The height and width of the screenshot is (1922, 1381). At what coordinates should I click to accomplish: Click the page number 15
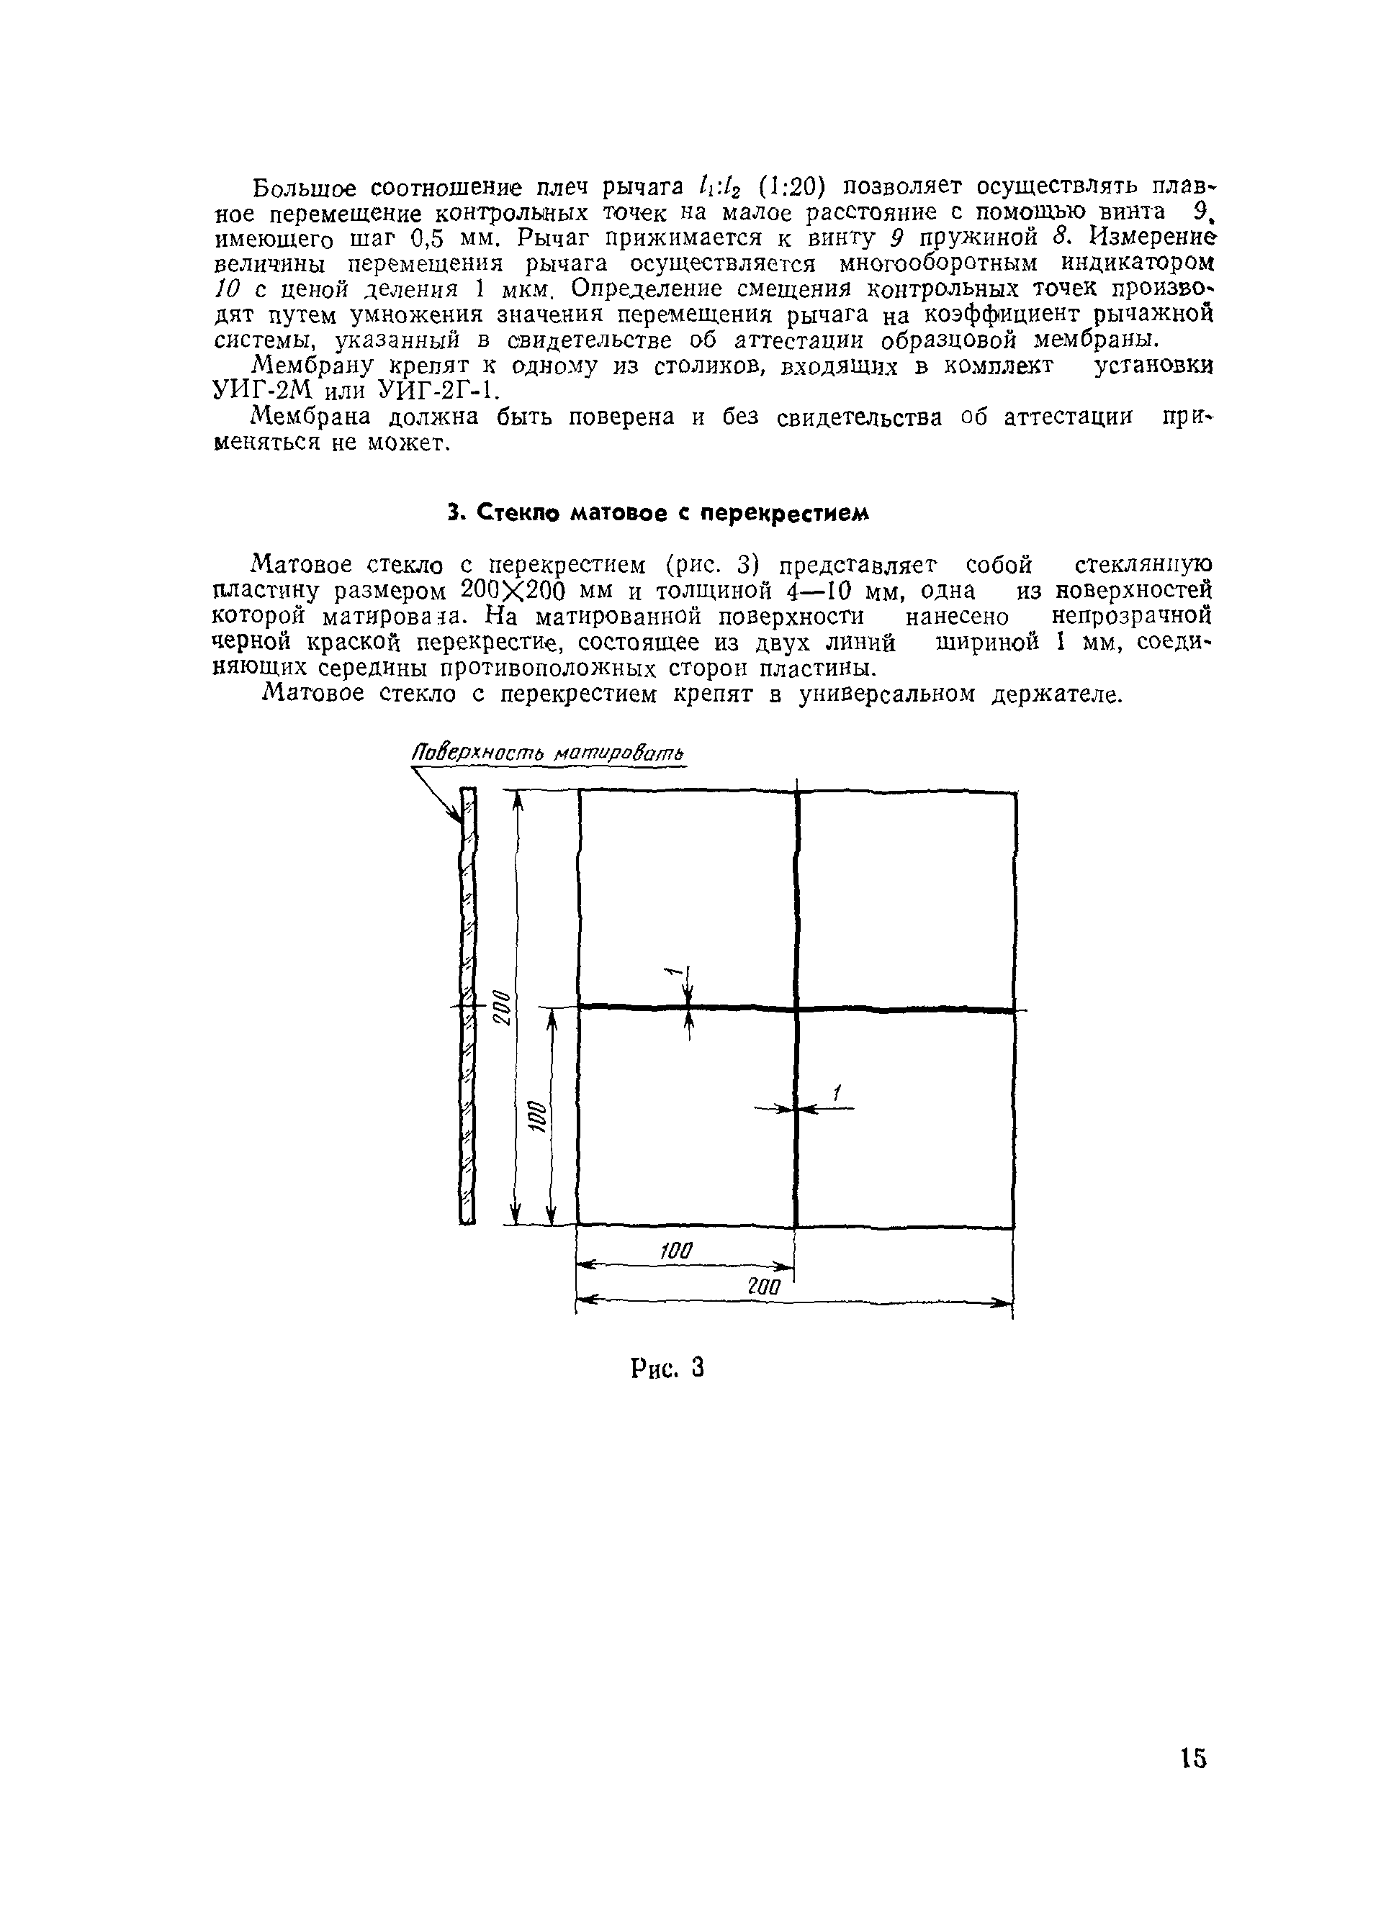pyautogui.click(x=1192, y=1758)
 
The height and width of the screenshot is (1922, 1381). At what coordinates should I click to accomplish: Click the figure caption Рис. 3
pyautogui.click(x=668, y=1367)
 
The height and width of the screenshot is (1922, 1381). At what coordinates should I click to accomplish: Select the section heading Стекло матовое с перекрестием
pyautogui.click(x=658, y=513)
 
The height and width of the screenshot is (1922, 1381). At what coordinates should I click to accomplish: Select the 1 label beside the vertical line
pyautogui.click(x=836, y=1094)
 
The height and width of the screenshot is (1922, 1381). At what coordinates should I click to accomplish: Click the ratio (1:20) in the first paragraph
pyautogui.click(x=788, y=185)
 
